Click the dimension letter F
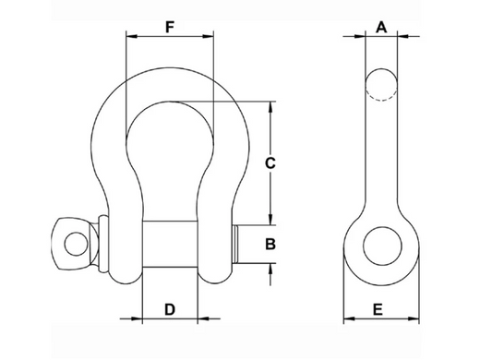tap(169, 26)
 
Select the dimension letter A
tap(380, 26)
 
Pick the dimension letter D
tap(170, 307)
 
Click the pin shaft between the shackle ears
tap(170, 245)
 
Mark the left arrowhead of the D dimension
tap(148, 320)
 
